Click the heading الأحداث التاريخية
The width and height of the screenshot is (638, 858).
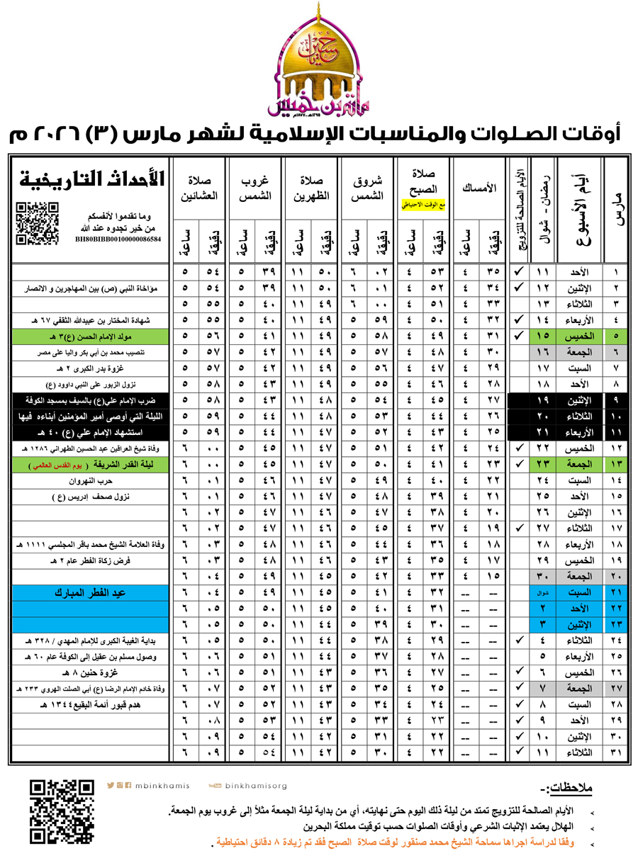tap(92, 177)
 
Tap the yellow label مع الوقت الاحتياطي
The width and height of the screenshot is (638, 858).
tap(424, 205)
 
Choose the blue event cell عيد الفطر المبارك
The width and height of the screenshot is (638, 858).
tap(92, 592)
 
